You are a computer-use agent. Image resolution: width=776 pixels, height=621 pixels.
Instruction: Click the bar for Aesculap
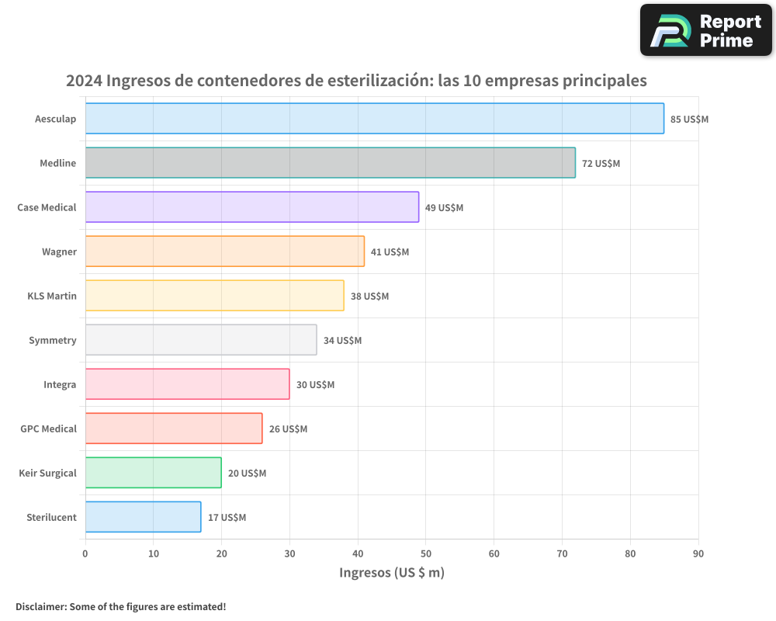(374, 119)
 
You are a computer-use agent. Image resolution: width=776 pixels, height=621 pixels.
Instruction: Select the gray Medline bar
(330, 163)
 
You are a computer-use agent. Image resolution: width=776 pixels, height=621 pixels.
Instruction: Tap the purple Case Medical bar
(251, 207)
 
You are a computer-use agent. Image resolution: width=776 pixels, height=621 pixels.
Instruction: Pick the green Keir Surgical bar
(153, 473)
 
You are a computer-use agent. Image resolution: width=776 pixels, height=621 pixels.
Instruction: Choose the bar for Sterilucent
(143, 517)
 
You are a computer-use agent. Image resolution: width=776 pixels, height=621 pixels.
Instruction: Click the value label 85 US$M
(689, 120)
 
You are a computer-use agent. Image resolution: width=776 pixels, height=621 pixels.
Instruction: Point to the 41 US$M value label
(390, 252)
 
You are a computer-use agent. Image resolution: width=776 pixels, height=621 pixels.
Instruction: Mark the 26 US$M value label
(288, 429)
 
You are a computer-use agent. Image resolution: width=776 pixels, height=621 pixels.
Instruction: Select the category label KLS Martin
(52, 296)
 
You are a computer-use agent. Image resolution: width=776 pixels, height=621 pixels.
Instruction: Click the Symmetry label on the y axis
(53, 340)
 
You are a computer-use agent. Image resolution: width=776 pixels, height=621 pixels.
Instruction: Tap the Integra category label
(60, 384)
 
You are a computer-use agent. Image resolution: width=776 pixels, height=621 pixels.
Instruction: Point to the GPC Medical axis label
(48, 428)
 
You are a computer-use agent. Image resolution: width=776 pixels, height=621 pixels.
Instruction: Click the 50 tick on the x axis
(426, 553)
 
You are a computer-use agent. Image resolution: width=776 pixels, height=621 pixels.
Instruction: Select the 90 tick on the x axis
(698, 553)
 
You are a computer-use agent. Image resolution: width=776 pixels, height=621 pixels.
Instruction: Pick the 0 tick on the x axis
(85, 553)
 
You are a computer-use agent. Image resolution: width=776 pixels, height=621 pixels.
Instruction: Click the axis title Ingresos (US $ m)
(392, 573)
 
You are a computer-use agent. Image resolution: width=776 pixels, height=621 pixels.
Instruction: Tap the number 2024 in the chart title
(84, 81)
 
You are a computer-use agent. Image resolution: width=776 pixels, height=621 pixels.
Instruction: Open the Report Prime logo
(705, 30)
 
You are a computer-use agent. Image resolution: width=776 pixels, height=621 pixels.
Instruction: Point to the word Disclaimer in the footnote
(40, 607)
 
